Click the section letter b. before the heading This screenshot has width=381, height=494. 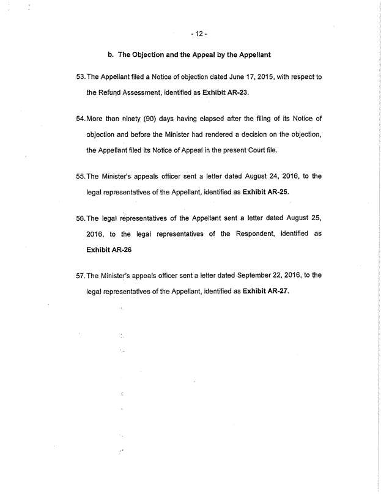(111, 54)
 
